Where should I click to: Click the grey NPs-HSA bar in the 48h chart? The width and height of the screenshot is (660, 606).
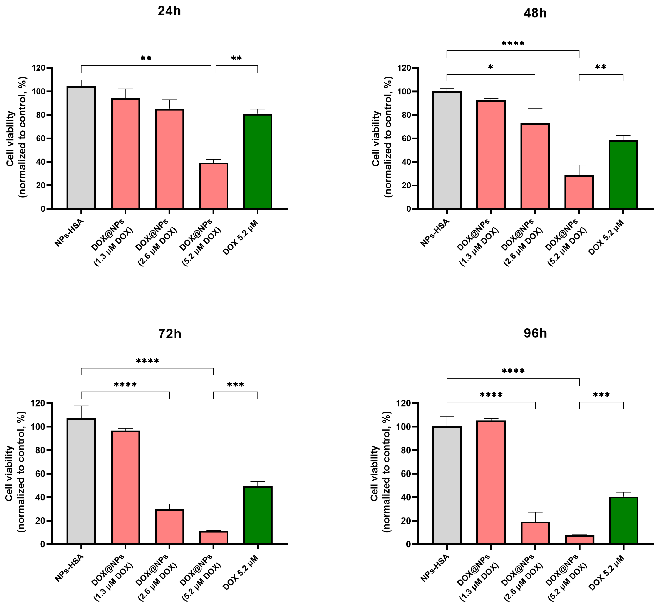pos(447,150)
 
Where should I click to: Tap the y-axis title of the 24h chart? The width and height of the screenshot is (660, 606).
pos(16,138)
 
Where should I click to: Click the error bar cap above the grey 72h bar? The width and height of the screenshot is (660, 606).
pos(81,406)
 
